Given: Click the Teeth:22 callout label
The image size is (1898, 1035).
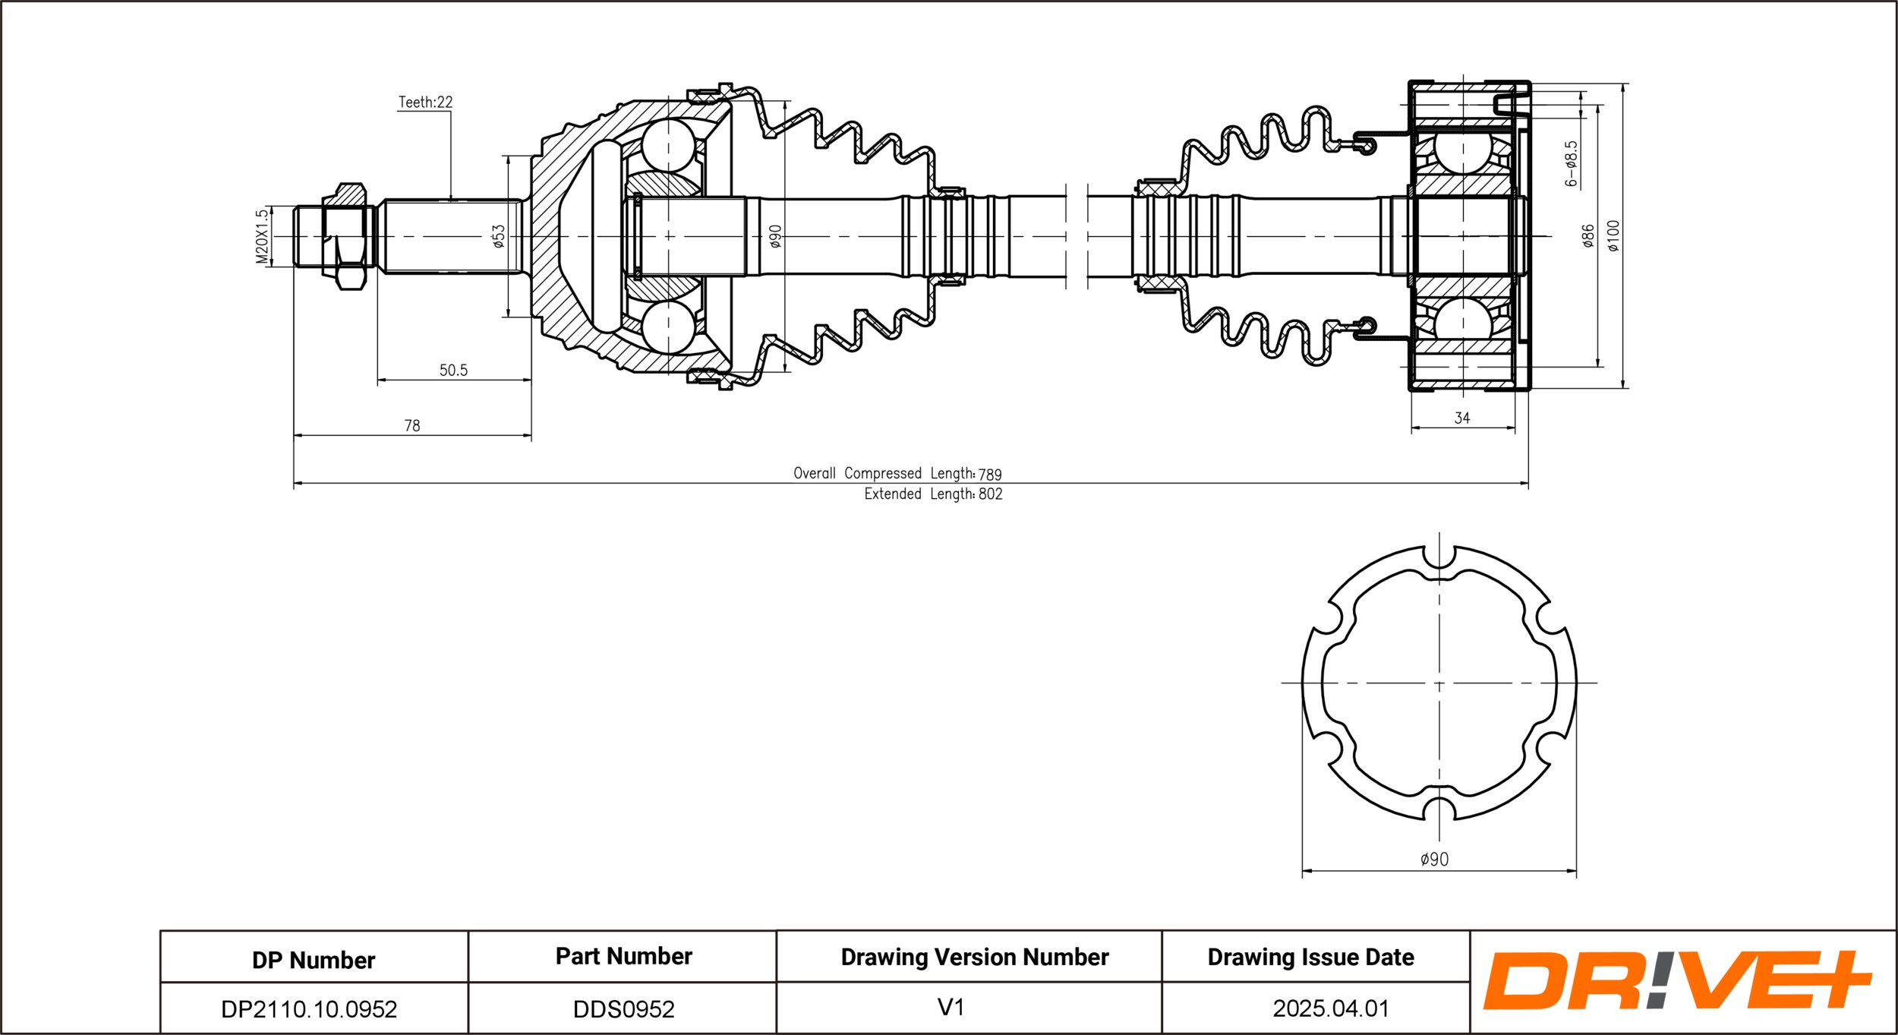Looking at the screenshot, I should [425, 103].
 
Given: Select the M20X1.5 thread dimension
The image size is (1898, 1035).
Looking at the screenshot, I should [262, 237].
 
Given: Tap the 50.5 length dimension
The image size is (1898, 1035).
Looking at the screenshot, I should [453, 371].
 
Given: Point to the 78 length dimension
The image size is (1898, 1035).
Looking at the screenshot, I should [412, 426].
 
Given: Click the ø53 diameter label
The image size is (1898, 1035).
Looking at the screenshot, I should [498, 236].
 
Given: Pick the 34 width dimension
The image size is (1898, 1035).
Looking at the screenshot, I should [1462, 418].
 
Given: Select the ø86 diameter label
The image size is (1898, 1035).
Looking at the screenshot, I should [1587, 236].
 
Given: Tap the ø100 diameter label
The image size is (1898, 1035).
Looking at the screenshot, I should [1613, 236].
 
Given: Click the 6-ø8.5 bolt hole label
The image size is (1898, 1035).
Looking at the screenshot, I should [1571, 164].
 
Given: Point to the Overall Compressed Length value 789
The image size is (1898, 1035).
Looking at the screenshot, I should [990, 475].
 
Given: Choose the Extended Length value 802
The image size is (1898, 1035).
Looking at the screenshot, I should [990, 494].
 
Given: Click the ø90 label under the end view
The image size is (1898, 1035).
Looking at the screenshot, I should [1434, 860].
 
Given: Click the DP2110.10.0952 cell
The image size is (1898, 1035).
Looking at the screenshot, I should [309, 1009].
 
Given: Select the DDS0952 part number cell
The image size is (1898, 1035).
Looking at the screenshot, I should [623, 1009].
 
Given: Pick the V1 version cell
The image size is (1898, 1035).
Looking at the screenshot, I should [951, 1008].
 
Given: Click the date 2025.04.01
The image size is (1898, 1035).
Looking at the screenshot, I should [1331, 1008].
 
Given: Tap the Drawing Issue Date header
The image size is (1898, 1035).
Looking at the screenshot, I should [1310, 958].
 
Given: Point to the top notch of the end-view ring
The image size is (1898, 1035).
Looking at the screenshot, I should [1439, 555].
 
